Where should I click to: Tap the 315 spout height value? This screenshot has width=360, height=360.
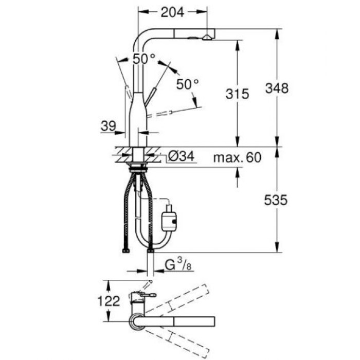click(x=237, y=94)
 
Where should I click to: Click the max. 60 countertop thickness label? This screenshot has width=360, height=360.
click(x=237, y=157)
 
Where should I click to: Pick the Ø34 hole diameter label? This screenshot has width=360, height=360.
click(x=180, y=157)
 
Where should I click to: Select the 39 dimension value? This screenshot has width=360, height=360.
click(x=108, y=125)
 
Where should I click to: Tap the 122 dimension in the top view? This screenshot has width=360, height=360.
click(x=109, y=301)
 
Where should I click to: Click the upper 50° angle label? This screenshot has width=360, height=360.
click(x=143, y=59)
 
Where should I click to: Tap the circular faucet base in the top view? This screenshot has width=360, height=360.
click(x=137, y=322)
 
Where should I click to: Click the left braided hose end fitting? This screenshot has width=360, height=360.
click(x=125, y=250)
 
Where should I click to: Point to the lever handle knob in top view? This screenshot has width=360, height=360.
click(x=151, y=296)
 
